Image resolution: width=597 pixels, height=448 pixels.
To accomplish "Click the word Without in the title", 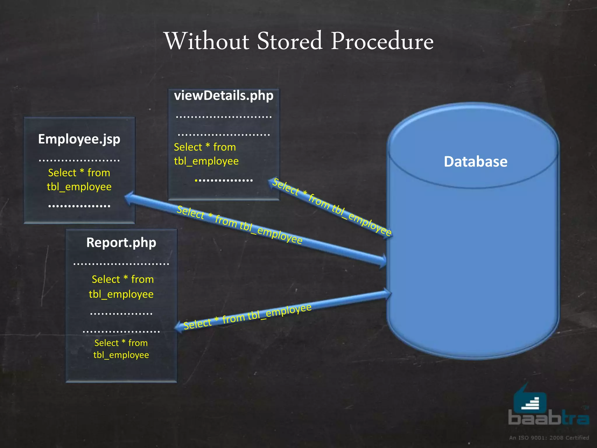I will pos(207,41).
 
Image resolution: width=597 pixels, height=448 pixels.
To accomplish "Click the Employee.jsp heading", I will pos(79,139).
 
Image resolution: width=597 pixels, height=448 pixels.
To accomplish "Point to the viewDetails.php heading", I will pos(224,96).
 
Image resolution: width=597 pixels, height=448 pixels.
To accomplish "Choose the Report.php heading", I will pos(121,243).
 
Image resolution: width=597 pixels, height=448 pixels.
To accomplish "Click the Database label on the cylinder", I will pos(475,162).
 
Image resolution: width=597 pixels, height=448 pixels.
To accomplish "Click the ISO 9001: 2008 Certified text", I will pos(549,437).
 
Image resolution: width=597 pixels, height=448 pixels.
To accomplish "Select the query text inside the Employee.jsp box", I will pos(79,180).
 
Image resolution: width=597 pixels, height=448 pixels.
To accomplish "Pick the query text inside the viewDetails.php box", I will pos(206,154).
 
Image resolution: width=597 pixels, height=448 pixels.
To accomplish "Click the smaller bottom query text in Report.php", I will pos(121,349).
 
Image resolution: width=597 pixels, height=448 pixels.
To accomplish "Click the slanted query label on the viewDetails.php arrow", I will pos(332,207).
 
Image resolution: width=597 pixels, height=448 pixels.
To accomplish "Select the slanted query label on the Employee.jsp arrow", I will pos(240,225).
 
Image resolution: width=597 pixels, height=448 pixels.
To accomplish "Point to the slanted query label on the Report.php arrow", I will pos(247,317).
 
